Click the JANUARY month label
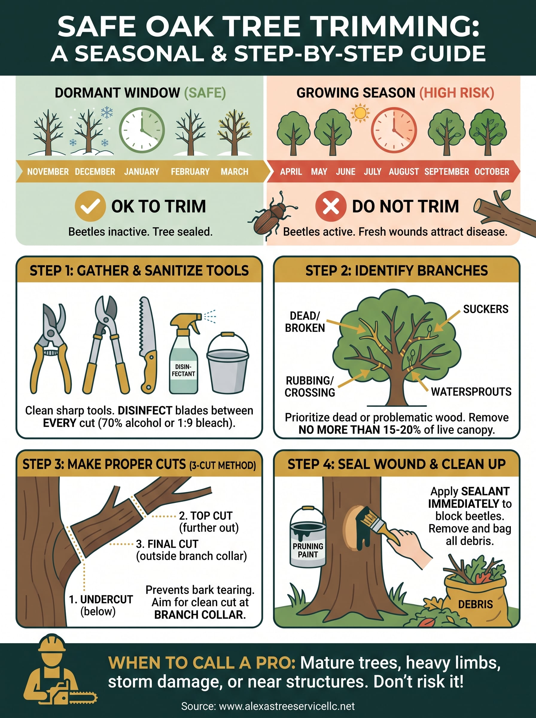point(141,171)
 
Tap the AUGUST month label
point(403,171)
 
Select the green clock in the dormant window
point(142,130)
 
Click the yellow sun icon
point(360,113)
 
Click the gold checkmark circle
point(90,206)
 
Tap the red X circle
point(331,206)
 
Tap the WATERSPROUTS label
point(471,392)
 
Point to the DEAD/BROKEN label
point(305,322)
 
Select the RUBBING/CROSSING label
point(310,387)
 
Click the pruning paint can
point(307,537)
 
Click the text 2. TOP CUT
point(205,515)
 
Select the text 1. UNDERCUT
point(101,599)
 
